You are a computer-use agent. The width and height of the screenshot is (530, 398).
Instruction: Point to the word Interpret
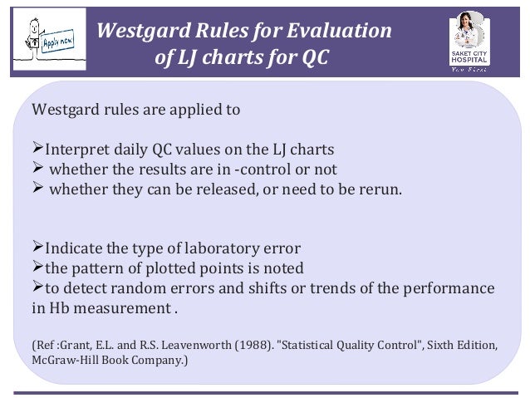78,150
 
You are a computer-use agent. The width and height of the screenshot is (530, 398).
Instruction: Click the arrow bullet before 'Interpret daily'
37,150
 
